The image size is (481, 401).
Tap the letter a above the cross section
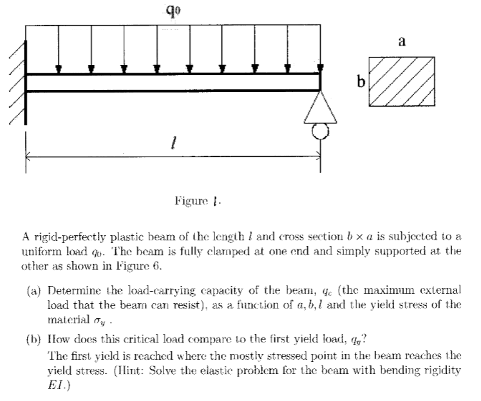402,42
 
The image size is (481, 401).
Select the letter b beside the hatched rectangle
361,82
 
